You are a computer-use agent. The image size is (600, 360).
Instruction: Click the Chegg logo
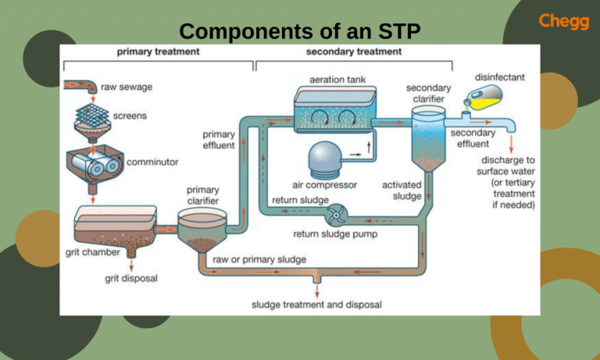563,21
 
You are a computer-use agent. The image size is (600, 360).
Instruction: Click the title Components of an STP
300,31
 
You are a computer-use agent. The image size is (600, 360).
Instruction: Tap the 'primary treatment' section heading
158,52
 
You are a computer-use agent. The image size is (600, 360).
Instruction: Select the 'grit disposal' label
133,277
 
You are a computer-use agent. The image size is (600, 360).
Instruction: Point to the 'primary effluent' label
218,140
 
